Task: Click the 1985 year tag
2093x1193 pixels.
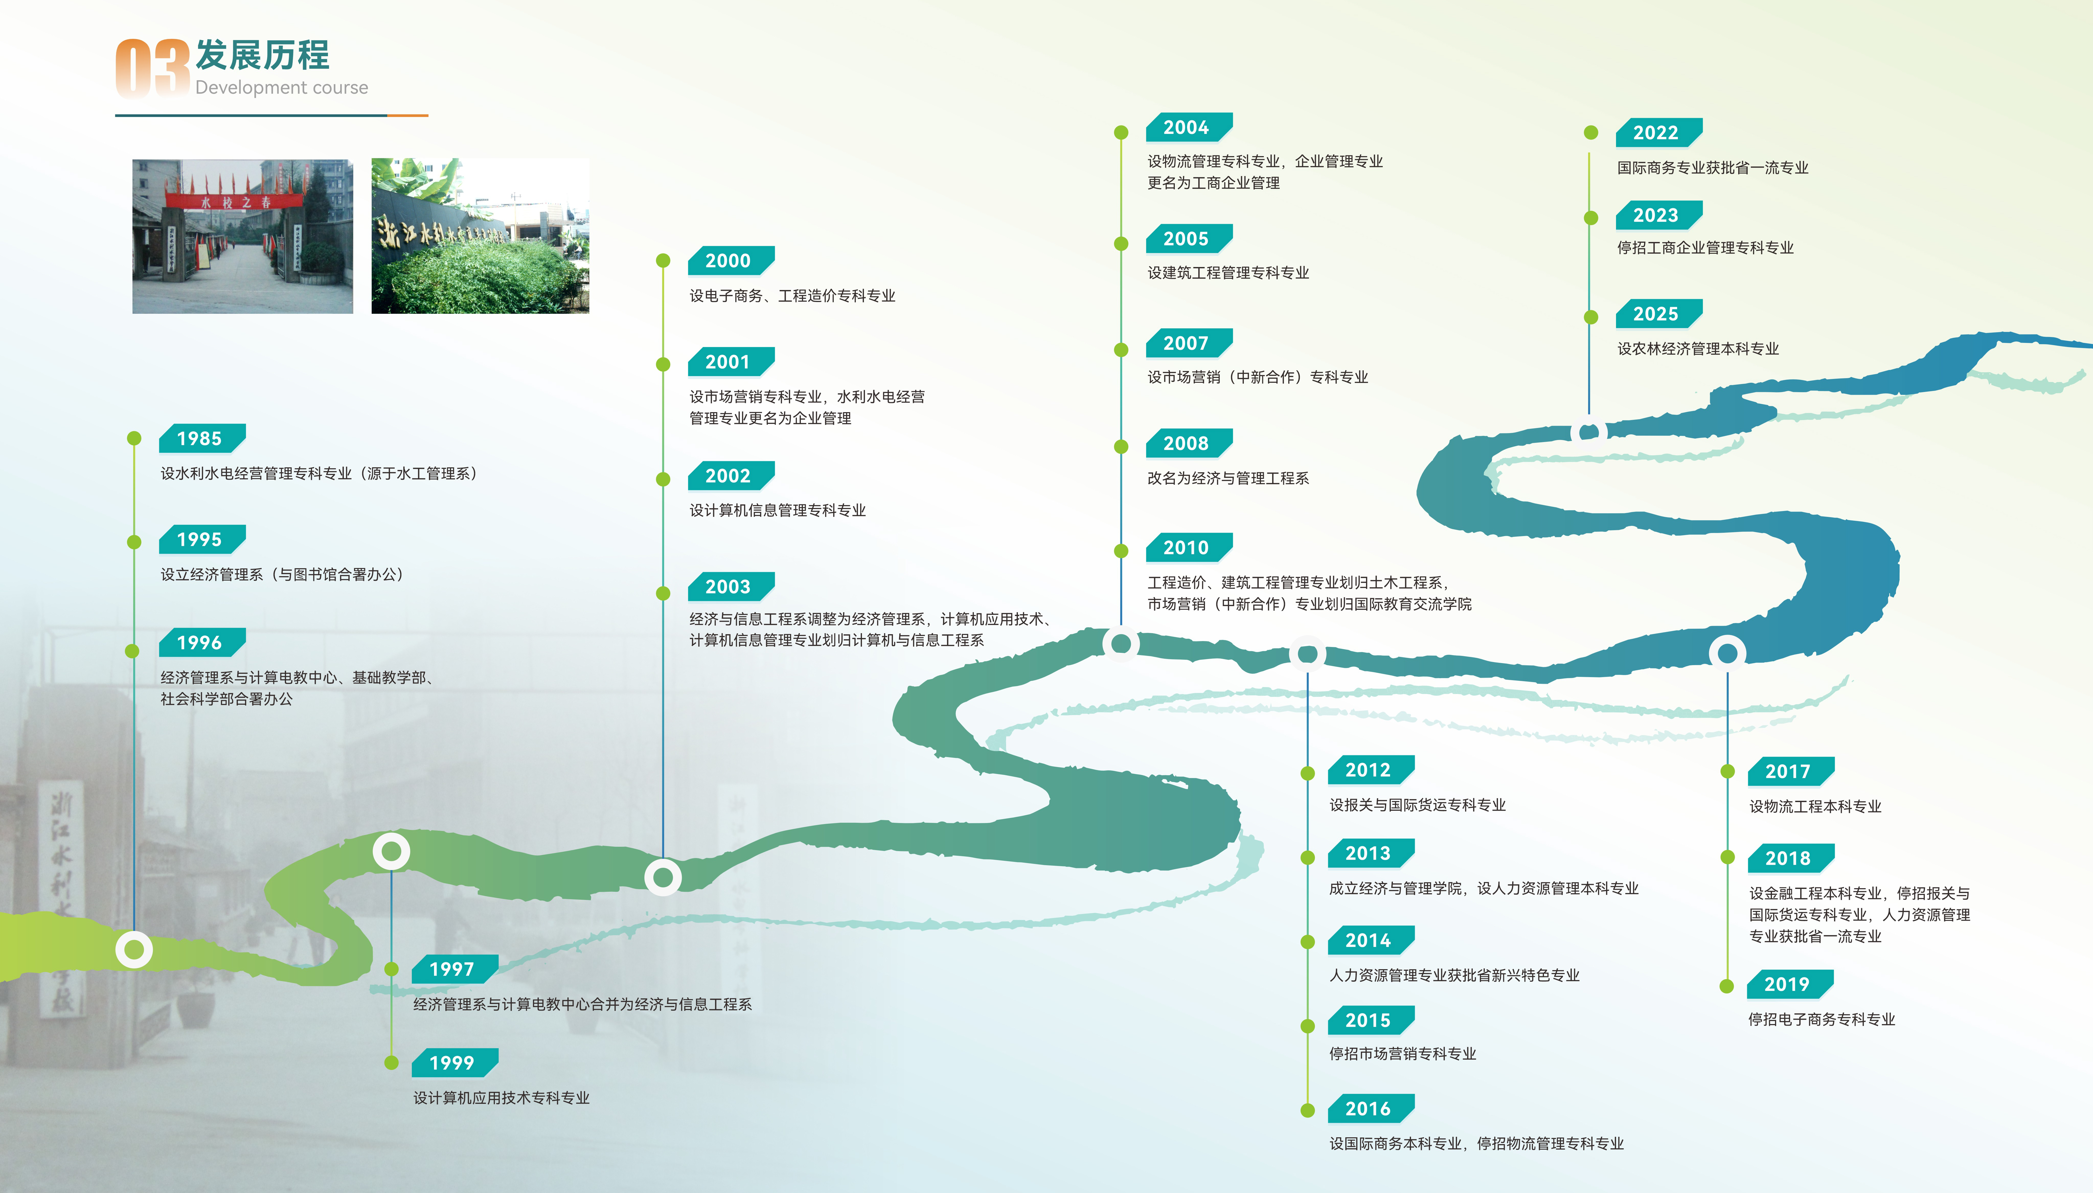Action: pos(200,438)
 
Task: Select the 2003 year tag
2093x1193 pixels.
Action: pos(729,587)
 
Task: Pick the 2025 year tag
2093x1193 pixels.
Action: pos(1656,314)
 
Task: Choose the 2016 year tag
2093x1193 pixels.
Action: pos(1369,1109)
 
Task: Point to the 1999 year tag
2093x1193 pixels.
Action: pos(452,1063)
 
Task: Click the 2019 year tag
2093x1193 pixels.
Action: pos(1787,984)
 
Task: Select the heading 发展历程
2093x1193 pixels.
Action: pos(262,56)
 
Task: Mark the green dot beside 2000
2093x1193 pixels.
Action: pos(663,261)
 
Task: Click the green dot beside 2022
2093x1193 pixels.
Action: pos(1591,133)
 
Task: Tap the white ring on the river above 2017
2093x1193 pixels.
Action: pos(1727,653)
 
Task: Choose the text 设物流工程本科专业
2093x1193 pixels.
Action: pos(1815,806)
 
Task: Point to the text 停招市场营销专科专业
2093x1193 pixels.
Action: pos(1402,1054)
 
